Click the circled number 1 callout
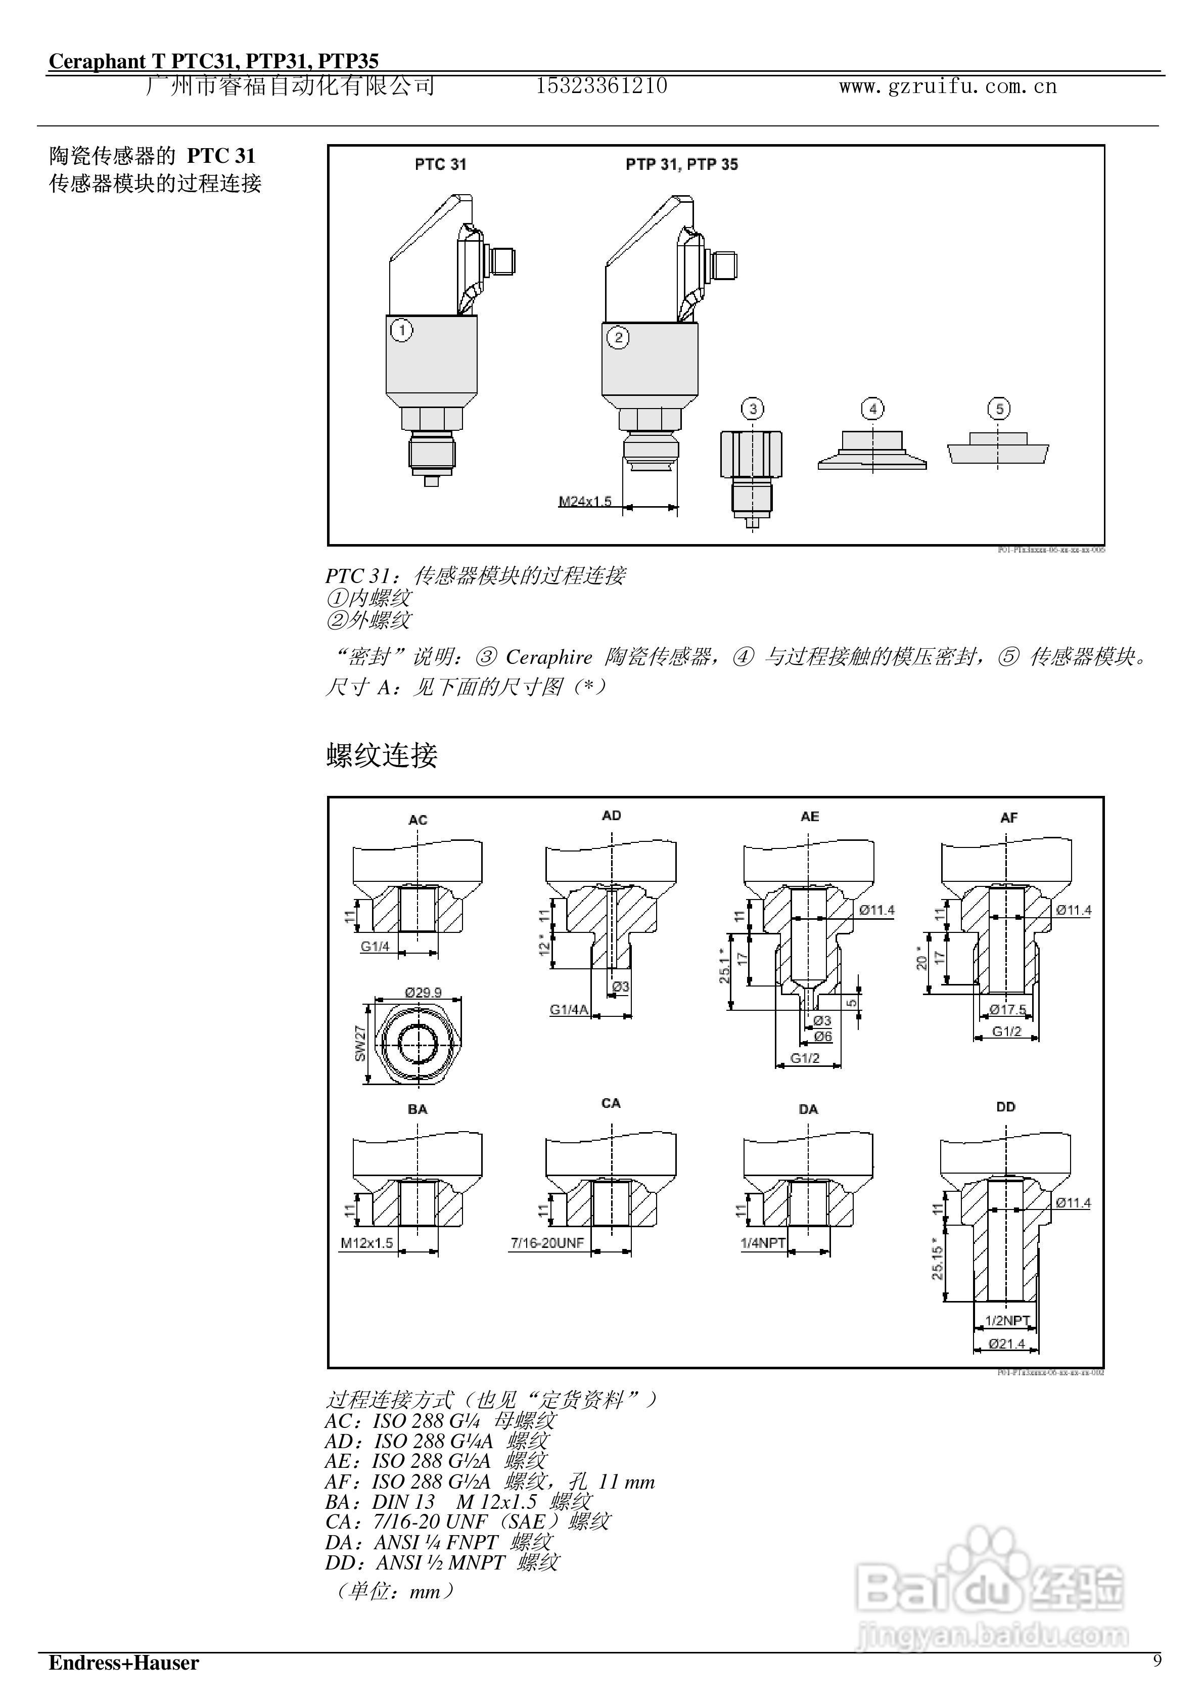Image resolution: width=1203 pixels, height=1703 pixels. [401, 330]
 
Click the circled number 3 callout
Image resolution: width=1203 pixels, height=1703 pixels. [753, 409]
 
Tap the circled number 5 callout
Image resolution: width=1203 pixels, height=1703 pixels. [999, 409]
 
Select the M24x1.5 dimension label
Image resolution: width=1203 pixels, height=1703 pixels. [585, 502]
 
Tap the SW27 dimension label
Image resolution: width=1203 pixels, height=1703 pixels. [360, 1043]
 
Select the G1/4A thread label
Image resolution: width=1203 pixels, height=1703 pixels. [569, 1009]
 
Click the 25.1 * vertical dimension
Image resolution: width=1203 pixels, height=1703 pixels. [725, 966]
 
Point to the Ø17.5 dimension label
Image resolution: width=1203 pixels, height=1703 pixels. [1008, 1009]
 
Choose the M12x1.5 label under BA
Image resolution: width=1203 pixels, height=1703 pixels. [367, 1242]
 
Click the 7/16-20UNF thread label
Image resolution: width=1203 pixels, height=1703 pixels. [547, 1242]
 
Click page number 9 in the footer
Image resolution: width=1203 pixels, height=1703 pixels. [1157, 1661]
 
